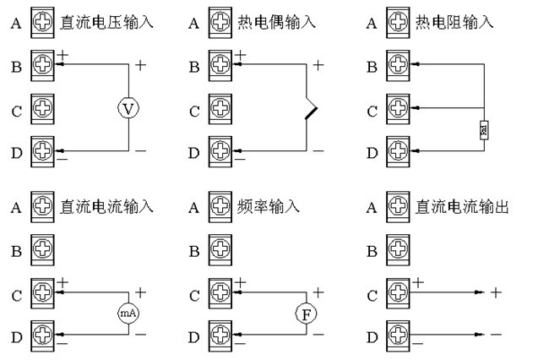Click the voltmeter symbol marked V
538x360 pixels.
[x=128, y=108]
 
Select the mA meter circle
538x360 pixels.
[x=128, y=314]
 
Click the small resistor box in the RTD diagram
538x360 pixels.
[x=482, y=130]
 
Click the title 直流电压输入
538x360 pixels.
[x=107, y=21]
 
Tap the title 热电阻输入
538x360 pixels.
[x=454, y=21]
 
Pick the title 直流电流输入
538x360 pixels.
[x=107, y=206]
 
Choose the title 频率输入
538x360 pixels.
[x=269, y=206]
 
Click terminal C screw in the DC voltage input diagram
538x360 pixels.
[x=42, y=108]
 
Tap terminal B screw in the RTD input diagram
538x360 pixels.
[x=397, y=64]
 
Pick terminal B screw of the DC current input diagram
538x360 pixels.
[x=42, y=250]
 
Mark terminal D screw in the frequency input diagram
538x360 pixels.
[x=220, y=336]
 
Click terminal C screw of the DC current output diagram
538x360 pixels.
[x=397, y=293]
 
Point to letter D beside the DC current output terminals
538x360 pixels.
[x=372, y=337]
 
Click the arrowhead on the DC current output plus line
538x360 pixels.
[x=479, y=293]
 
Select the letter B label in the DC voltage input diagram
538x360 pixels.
[x=15, y=65]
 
